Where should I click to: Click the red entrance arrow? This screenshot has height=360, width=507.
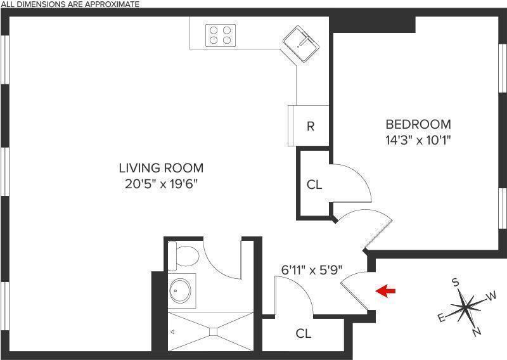click(385, 291)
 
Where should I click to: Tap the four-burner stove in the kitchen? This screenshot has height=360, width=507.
click(221, 34)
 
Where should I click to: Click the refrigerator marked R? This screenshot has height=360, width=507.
click(310, 126)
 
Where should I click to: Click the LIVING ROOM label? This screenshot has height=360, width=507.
click(161, 168)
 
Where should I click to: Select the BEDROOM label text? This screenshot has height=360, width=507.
click(418, 124)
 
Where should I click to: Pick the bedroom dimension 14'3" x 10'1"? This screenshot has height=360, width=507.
click(418, 140)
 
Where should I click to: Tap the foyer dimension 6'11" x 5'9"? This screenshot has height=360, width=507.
click(312, 269)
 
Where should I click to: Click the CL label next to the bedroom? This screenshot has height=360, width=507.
click(314, 185)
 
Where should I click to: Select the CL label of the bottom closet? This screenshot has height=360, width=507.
click(304, 334)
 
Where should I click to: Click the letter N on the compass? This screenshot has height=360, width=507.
click(477, 331)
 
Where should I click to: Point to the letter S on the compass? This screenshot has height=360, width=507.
click(455, 283)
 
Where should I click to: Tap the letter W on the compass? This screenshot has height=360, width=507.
click(491, 296)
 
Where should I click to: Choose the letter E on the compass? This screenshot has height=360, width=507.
click(441, 318)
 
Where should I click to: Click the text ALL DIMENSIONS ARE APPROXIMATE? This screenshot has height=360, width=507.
click(70, 4)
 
